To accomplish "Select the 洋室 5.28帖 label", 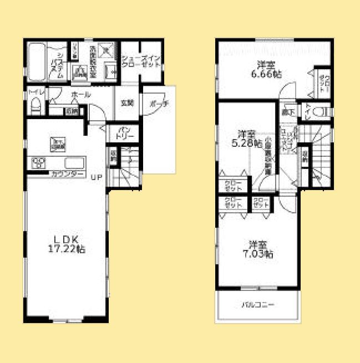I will coord(246,139).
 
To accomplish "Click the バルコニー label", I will coord(257,304).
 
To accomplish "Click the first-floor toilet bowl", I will coord(36,105).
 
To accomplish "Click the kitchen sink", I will coord(74,163).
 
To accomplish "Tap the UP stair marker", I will coord(97,177).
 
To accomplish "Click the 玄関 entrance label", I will coord(127,102).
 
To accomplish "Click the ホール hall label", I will coord(81,95).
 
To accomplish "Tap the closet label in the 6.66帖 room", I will coord(324,83).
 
